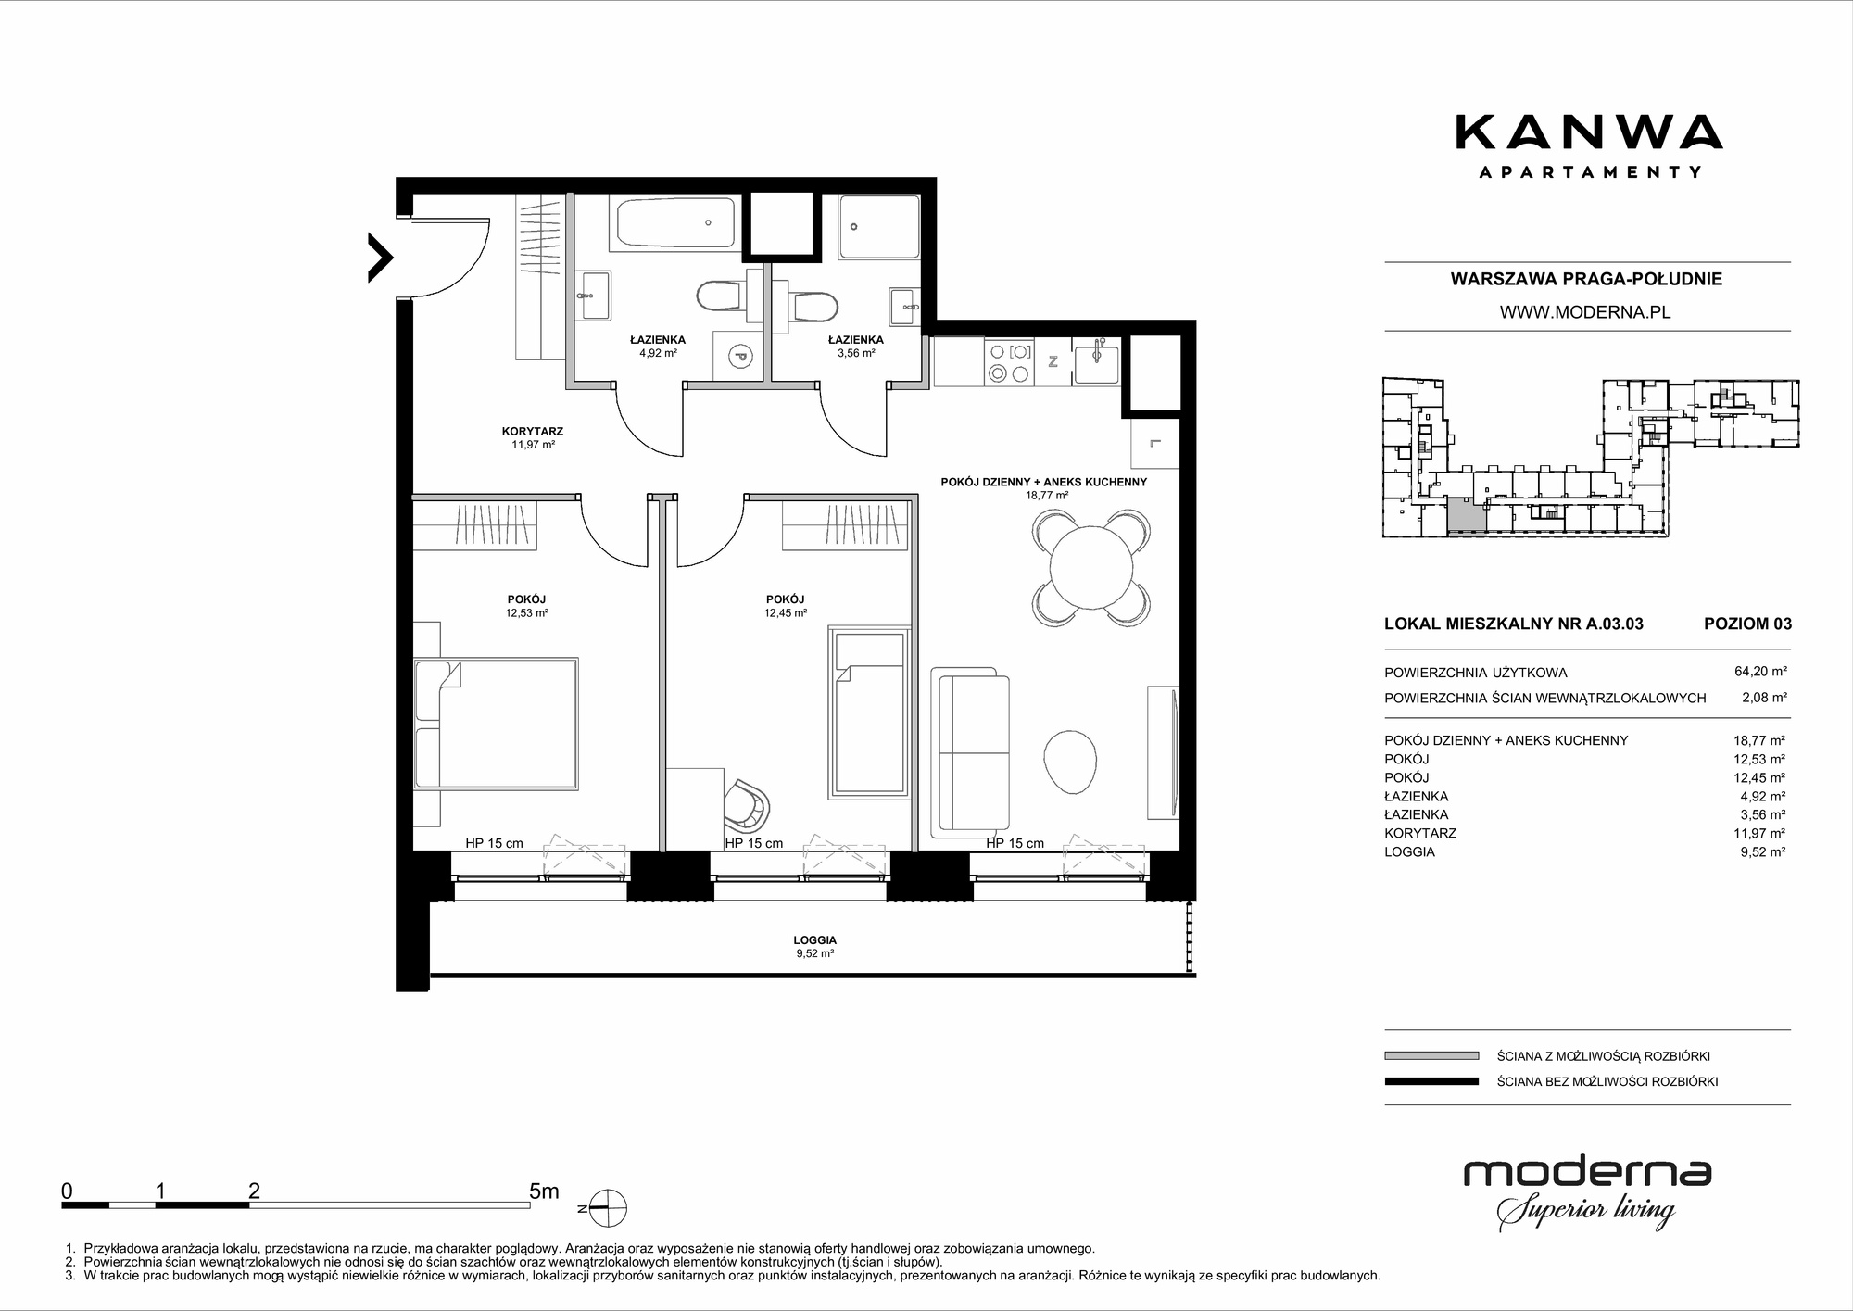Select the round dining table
[1091, 566]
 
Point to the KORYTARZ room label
[533, 431]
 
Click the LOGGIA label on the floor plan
[815, 939]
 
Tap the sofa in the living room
[970, 749]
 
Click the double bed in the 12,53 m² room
[496, 724]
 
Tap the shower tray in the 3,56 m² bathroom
[879, 226]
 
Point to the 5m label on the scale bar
[544, 1191]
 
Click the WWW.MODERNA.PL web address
[1585, 312]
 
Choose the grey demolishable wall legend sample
[1431, 1055]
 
